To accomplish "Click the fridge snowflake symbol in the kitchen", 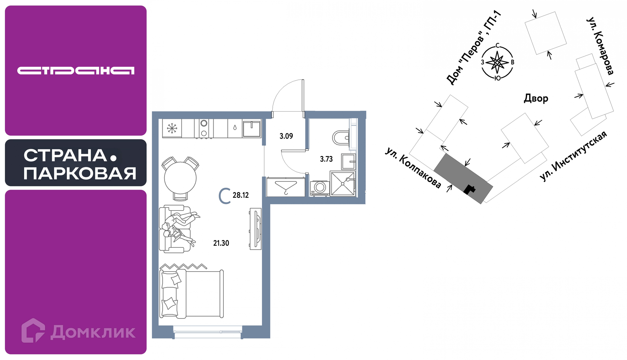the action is [x=172, y=128].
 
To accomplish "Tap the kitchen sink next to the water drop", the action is [x=251, y=128].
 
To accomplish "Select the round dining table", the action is [x=180, y=178].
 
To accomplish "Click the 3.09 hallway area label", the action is [x=286, y=136].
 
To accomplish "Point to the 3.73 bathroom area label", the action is [x=326, y=159].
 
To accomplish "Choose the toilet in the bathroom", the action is [x=341, y=138].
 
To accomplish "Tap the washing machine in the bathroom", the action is [x=320, y=188].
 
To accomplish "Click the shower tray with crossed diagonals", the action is [x=343, y=184].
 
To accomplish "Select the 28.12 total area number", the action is [x=241, y=195].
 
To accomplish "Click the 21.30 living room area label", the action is [x=221, y=243].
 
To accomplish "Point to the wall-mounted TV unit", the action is [x=255, y=229].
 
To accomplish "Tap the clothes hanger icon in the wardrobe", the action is [x=286, y=188].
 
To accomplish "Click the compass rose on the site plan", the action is [x=497, y=62].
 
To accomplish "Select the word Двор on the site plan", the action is [x=536, y=98].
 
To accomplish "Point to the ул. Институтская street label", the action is [x=573, y=156].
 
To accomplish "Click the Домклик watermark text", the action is [x=93, y=332].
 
